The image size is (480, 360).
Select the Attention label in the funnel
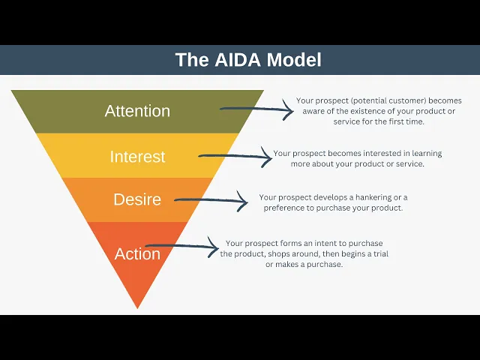(x=137, y=111)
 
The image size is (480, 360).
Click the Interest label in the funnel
(x=137, y=157)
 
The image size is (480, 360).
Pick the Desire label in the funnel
(x=137, y=199)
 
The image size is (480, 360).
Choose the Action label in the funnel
(x=137, y=253)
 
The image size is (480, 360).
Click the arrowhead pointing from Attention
(x=289, y=111)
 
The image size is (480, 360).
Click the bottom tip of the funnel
(x=137, y=306)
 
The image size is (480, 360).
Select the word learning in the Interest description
(x=424, y=154)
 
